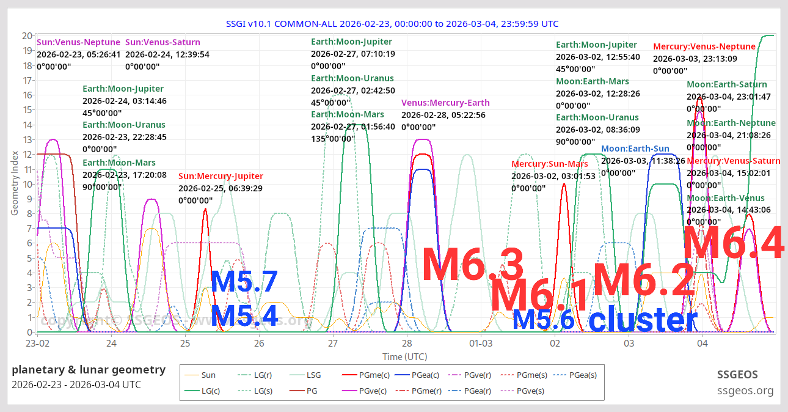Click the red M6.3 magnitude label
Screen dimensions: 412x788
(473, 265)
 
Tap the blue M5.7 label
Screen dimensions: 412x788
(244, 282)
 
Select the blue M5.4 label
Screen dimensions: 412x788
(244, 316)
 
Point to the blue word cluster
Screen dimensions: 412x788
(643, 320)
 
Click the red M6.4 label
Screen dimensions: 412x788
(733, 243)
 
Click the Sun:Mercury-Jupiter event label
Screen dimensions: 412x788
(221, 177)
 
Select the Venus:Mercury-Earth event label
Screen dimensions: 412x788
(445, 103)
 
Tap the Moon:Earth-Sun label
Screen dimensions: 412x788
(635, 149)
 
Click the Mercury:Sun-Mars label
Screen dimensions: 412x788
(550, 164)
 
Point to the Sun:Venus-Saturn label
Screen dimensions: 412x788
(162, 42)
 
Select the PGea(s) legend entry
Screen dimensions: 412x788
(583, 375)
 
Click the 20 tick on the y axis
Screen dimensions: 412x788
(27, 35)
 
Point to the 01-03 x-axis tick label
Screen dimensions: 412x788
(481, 344)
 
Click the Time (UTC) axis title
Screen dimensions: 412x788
(404, 356)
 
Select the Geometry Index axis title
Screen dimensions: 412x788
(15, 183)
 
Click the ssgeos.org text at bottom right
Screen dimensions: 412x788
(745, 391)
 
